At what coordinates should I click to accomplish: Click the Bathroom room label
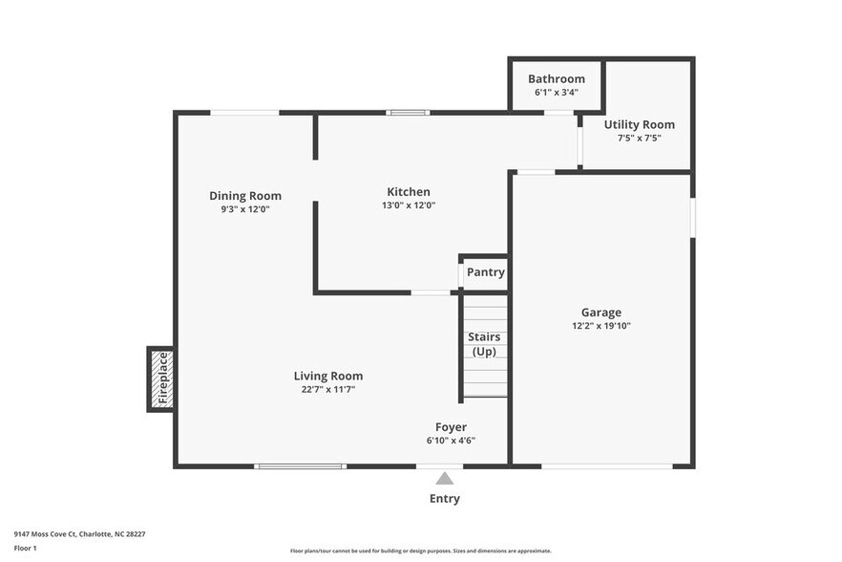[556, 79]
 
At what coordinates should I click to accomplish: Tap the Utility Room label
[639, 125]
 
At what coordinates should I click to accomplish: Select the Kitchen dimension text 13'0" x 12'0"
[408, 205]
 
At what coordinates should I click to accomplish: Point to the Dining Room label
[245, 196]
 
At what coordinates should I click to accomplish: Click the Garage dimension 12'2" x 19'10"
[600, 326]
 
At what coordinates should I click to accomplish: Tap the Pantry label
[485, 272]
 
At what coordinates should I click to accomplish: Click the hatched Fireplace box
[160, 379]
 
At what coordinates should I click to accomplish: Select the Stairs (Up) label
[484, 344]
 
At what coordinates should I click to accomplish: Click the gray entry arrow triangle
[445, 479]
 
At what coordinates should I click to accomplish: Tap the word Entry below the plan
[445, 499]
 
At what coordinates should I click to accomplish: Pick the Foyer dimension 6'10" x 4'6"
[451, 441]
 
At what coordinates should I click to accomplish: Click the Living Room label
[327, 376]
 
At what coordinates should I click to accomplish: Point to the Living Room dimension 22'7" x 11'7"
[327, 389]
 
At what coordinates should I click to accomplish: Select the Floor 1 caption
[25, 548]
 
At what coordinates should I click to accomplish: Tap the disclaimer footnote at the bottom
[420, 551]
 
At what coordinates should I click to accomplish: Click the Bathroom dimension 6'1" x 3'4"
[556, 93]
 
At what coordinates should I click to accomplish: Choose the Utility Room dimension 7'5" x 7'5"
[639, 139]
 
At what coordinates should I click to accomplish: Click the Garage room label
[600, 313]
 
